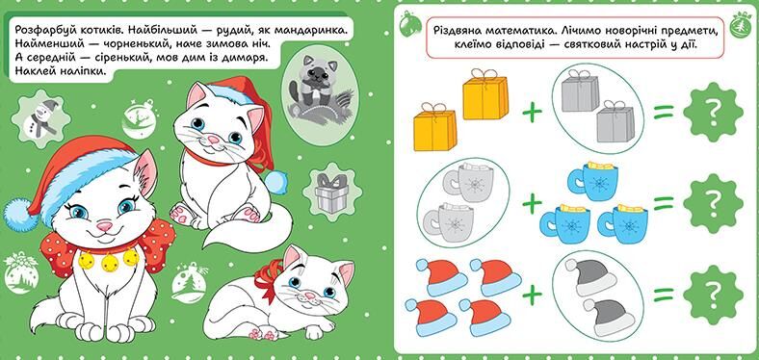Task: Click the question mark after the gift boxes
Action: tap(713, 113)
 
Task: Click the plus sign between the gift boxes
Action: tap(532, 113)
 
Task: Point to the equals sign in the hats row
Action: tap(663, 295)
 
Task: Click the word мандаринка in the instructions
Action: tap(311, 31)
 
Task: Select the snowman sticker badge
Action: tap(40, 119)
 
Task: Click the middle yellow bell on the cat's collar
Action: tap(110, 263)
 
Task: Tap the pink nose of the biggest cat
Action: tap(104, 225)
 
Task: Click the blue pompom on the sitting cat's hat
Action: tap(276, 183)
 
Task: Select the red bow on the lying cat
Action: tap(269, 278)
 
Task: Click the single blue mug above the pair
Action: tap(592, 181)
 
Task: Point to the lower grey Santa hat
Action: tap(608, 318)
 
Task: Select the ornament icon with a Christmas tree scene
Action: tap(189, 283)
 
